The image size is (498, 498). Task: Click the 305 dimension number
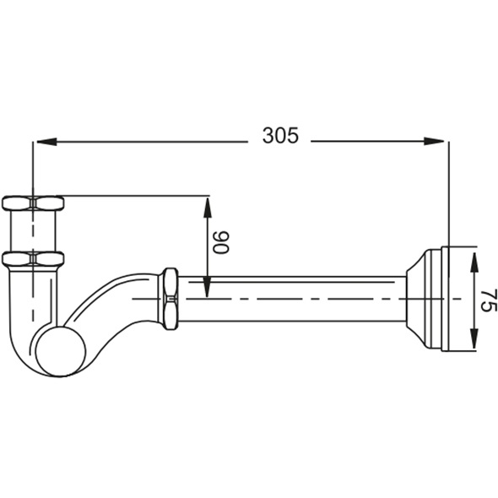point(280,136)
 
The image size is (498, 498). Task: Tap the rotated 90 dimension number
point(220,242)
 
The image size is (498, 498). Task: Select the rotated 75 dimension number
point(488,300)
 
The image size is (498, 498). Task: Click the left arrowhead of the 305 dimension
point(46,142)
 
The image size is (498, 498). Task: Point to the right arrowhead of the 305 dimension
point(434,141)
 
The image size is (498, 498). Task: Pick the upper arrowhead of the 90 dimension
point(207,208)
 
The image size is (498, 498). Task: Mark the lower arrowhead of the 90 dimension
point(207,287)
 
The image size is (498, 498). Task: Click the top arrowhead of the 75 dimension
point(474,262)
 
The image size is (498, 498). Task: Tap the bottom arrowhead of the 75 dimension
point(474,338)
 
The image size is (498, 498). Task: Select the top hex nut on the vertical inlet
point(33,203)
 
